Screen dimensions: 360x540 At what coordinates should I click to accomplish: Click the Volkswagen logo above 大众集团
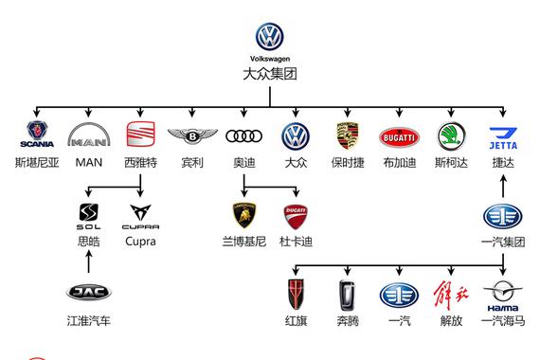270,37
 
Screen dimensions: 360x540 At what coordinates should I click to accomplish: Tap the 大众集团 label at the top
270,73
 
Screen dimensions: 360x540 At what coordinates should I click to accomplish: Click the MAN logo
88,137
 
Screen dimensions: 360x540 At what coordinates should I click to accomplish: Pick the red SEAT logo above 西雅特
141,135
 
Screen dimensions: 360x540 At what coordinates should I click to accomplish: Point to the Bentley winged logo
192,137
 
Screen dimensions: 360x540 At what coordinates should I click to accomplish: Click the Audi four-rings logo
244,137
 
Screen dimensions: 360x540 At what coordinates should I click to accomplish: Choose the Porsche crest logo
348,136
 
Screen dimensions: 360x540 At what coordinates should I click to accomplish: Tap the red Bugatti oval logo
399,137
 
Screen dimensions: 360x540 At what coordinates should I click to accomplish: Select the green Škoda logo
451,136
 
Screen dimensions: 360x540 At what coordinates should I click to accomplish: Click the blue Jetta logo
503,137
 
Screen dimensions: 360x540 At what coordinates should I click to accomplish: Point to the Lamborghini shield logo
244,214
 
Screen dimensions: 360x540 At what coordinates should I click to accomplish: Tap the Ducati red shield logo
296,214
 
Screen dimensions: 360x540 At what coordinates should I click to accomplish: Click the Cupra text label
141,242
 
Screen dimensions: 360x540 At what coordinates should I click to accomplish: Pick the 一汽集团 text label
503,242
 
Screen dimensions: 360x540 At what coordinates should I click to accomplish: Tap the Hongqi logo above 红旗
296,294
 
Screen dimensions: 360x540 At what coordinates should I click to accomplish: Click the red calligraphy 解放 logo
451,294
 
